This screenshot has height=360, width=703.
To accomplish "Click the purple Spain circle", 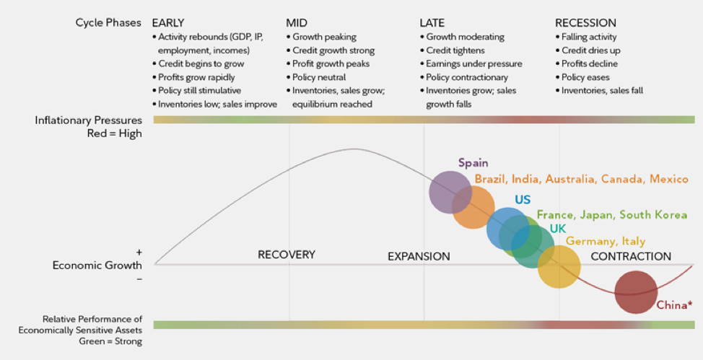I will (449, 192).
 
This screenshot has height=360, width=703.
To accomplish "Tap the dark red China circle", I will (636, 291).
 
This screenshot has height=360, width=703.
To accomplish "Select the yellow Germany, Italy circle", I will (559, 266).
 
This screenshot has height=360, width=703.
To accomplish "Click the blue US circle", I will (507, 227).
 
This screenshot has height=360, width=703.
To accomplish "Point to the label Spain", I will (473, 163).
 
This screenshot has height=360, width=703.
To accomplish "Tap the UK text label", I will (557, 228).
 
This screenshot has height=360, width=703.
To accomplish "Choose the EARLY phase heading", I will (168, 23).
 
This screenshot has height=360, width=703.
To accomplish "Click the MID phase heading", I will (297, 23).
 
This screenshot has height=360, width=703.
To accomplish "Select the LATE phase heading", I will (432, 23).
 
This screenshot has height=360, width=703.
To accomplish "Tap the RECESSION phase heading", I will (585, 23).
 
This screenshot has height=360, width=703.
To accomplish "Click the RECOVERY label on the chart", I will (287, 255).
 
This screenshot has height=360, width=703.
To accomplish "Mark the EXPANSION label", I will (419, 256).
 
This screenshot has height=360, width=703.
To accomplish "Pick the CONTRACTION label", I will (630, 256).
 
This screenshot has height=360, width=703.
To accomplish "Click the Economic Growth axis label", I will (97, 265).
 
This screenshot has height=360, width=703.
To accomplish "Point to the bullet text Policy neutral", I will (319, 77).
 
